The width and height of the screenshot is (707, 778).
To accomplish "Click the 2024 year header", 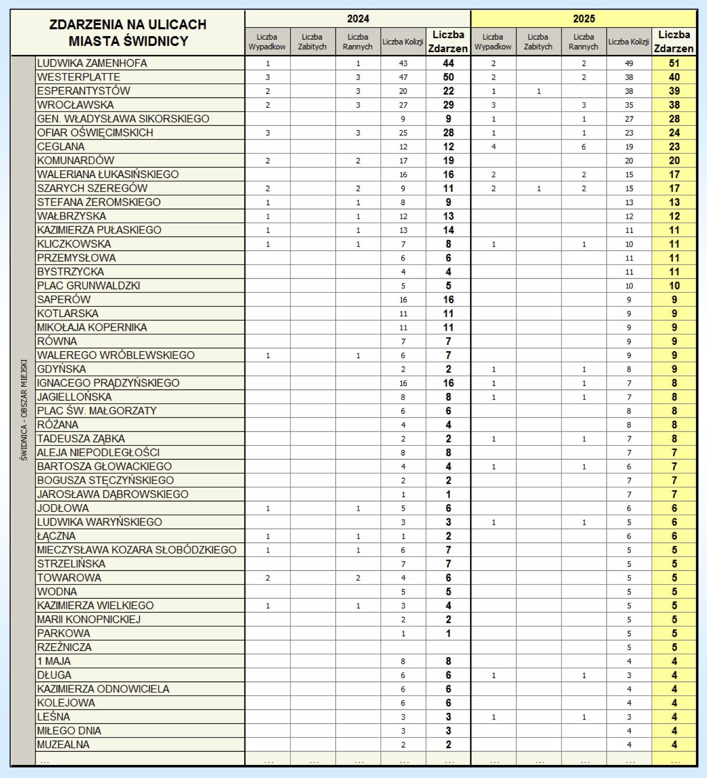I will click(358, 19).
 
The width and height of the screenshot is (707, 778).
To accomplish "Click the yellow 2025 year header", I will click(584, 19).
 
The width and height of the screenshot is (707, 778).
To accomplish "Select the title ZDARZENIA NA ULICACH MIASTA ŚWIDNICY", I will click(128, 32).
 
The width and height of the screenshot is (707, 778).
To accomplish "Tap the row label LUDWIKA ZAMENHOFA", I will click(92, 63).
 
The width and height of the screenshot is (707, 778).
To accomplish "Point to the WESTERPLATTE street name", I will click(79, 77).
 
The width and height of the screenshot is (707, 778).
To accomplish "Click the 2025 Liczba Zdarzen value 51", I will click(674, 63).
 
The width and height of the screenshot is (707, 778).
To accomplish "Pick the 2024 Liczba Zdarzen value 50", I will click(448, 77).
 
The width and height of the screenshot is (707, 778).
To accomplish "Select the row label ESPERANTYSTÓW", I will click(84, 91).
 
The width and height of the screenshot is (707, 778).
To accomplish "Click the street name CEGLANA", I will click(61, 147).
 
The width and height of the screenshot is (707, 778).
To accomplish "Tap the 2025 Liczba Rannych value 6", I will click(584, 147).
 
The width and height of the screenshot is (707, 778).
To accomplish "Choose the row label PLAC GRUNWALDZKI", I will click(89, 286).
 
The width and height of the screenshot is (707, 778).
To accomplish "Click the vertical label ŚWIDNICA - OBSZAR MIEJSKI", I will click(23, 410).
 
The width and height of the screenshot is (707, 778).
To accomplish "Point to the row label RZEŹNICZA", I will click(64, 647).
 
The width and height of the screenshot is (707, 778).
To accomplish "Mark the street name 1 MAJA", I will click(54, 661).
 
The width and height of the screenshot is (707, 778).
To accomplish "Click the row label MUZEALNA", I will click(63, 745).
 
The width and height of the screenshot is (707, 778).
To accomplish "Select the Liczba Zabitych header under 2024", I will click(312, 42).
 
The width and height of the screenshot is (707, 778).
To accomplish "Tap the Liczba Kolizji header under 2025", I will click(629, 42).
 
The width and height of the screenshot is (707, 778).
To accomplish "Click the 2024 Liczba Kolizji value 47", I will click(403, 77).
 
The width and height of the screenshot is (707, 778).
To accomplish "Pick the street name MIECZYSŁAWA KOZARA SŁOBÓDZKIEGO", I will click(137, 550).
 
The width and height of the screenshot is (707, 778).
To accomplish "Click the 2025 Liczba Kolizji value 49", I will click(629, 63).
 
